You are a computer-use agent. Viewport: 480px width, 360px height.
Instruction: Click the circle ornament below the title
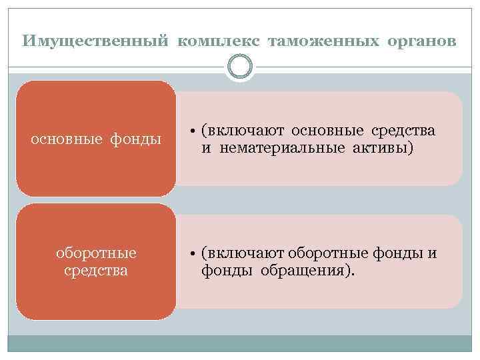tap(240, 67)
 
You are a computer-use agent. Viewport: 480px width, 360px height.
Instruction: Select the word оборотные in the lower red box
tap(97, 253)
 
